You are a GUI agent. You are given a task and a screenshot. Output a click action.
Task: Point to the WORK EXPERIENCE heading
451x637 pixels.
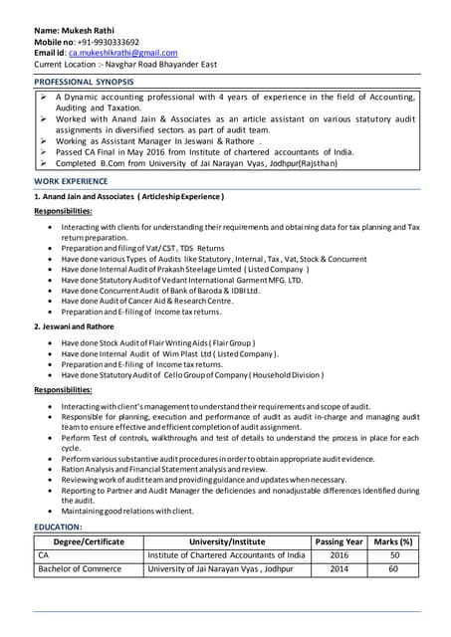tap(71, 182)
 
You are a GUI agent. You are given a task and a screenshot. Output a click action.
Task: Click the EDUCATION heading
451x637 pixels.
tap(59, 526)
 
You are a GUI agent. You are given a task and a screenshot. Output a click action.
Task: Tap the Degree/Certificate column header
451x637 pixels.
tap(89, 541)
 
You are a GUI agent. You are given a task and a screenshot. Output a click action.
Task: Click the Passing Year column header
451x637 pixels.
tap(339, 541)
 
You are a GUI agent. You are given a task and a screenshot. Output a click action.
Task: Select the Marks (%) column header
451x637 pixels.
tap(393, 541)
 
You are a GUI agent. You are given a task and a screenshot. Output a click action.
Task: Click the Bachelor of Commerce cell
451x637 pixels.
tap(80, 569)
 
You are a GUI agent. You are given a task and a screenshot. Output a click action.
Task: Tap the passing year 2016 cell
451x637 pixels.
tap(339, 555)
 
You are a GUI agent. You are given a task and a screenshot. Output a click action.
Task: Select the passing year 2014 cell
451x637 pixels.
tap(339, 569)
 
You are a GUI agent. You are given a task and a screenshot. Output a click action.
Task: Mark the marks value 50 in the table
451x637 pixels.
tap(393, 555)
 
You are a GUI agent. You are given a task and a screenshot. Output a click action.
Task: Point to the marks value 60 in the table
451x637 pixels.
tap(393, 569)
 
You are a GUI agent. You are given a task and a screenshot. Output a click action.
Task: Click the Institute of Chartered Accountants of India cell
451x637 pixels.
tap(226, 555)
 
